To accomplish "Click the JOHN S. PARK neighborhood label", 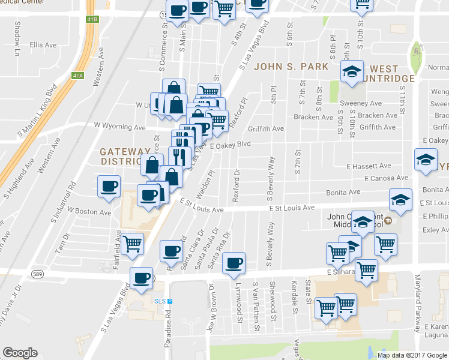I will tap(291, 67).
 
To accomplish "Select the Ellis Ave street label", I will tap(43, 45).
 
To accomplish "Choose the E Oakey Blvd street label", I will tap(230, 145).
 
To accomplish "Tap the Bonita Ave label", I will tap(343, 192).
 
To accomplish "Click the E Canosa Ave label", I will tap(386, 178).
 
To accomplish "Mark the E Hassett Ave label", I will tap(369, 166).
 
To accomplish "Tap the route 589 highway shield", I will tap(37, 274).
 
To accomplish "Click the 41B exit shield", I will tap(91, 20).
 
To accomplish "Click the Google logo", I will tap(20, 353).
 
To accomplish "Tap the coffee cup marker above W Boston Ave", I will tap(109, 187).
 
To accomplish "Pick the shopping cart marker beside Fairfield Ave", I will tap(132, 244).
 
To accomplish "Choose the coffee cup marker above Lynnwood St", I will tap(234, 263).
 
